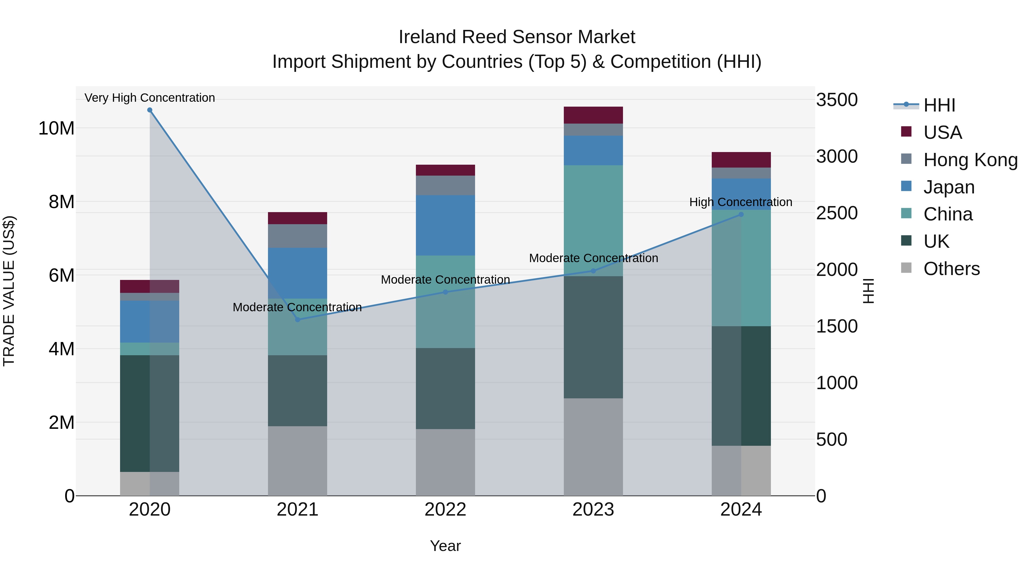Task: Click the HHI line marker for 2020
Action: click(150, 110)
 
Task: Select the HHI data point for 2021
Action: click(298, 320)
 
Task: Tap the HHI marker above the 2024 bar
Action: click(741, 214)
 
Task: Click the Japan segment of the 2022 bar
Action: click(445, 225)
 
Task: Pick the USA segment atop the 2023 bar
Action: click(593, 115)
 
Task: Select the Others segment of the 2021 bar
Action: click(298, 461)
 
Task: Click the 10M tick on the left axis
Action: click(56, 128)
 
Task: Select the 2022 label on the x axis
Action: click(445, 510)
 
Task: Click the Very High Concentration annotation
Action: click(150, 98)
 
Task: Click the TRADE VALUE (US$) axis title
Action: click(9, 291)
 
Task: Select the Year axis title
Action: click(445, 546)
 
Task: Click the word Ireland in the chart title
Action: click(427, 37)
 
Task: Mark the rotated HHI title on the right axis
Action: click(868, 291)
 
